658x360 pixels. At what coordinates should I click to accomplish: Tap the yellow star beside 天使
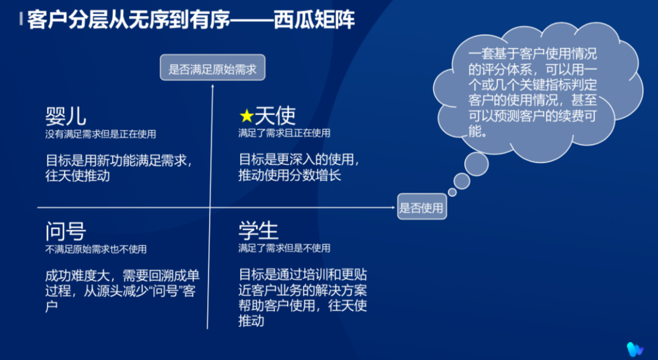click(x=246, y=116)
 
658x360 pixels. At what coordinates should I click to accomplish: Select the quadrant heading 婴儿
click(x=66, y=116)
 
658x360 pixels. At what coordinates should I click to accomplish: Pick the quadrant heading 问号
click(x=66, y=231)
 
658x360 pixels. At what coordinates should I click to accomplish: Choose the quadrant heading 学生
click(x=258, y=231)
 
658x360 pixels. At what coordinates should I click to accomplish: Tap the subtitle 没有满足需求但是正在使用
click(x=101, y=133)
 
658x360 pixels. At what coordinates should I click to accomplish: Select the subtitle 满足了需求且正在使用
click(x=284, y=133)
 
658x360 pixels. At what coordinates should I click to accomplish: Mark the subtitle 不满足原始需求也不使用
click(x=96, y=249)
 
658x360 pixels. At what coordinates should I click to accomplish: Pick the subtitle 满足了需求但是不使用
click(x=284, y=249)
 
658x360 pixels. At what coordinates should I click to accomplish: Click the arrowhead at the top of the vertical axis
click(x=212, y=85)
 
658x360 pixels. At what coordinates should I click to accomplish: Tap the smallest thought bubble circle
click(x=452, y=192)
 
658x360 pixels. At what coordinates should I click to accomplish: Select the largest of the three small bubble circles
click(x=476, y=163)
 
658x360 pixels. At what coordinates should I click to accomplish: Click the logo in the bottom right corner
click(x=635, y=348)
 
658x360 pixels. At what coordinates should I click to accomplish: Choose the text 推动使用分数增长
click(x=289, y=177)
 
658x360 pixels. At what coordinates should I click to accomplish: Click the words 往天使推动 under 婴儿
click(x=77, y=177)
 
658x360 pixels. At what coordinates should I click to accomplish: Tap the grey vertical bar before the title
click(x=22, y=19)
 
